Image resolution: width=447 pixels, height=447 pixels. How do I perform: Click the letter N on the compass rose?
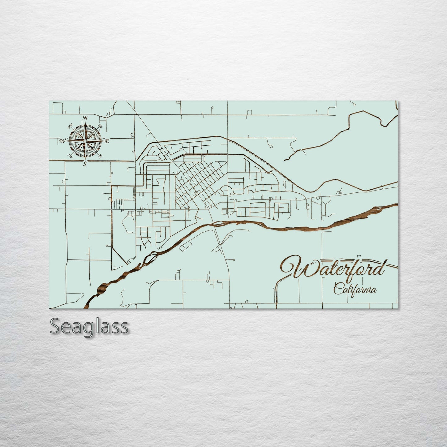pos(85,118)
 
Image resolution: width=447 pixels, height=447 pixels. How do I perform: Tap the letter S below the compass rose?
pos(84,164)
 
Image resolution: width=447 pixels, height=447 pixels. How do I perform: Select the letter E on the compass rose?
pos(107,141)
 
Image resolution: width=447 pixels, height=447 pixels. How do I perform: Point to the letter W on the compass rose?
pos(62,141)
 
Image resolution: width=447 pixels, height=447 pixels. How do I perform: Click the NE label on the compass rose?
pos(100,126)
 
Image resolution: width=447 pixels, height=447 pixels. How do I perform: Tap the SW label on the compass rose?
pos(70,156)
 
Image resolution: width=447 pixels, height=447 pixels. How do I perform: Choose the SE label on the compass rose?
pos(100,157)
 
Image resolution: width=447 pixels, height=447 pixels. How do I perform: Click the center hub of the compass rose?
pos(85,141)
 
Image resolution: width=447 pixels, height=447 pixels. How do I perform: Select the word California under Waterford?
pos(355,290)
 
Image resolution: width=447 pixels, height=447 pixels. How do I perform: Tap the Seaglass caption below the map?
pos(89,326)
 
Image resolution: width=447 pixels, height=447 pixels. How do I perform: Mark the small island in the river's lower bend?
pos(153,256)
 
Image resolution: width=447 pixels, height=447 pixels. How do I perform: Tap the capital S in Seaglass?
pos(55,326)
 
